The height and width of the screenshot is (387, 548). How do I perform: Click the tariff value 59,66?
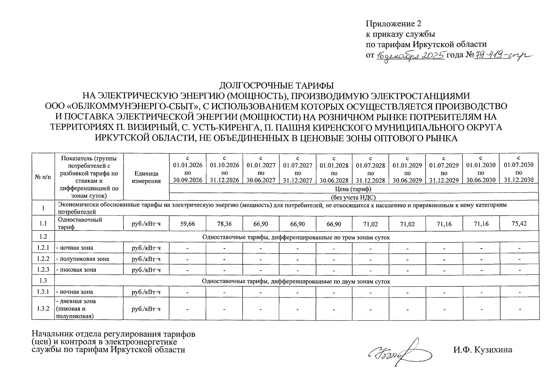pyautogui.click(x=187, y=223)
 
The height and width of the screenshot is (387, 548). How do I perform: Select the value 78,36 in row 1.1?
pyautogui.click(x=224, y=223)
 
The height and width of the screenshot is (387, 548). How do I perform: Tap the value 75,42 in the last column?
pyautogui.click(x=519, y=223)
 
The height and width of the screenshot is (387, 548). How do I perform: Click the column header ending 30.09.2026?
pyautogui.click(x=187, y=169)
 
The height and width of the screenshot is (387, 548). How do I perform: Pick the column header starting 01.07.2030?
pyautogui.click(x=519, y=169)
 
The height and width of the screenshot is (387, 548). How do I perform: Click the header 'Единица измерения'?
pyautogui.click(x=146, y=177)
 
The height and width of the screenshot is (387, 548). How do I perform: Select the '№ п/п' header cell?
pyautogui.click(x=43, y=177)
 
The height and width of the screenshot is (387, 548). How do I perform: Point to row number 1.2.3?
pyautogui.click(x=43, y=270)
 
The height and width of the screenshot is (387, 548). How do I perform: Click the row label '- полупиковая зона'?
pyautogui.click(x=83, y=259)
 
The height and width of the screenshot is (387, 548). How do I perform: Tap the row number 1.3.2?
pyautogui.click(x=43, y=309)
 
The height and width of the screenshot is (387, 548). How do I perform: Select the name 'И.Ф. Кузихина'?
pyautogui.click(x=482, y=350)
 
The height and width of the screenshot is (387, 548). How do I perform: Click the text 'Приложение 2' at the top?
pyautogui.click(x=393, y=24)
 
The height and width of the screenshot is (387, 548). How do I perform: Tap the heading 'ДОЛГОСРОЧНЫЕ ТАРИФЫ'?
pyautogui.click(x=276, y=85)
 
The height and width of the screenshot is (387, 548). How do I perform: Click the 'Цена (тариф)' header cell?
pyautogui.click(x=354, y=189)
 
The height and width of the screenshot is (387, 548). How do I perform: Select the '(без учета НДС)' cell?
pyautogui.click(x=354, y=197)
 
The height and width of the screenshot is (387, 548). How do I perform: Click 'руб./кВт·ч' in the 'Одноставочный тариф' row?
pyautogui.click(x=146, y=223)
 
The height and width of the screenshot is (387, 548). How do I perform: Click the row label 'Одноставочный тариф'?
pyautogui.click(x=79, y=223)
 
